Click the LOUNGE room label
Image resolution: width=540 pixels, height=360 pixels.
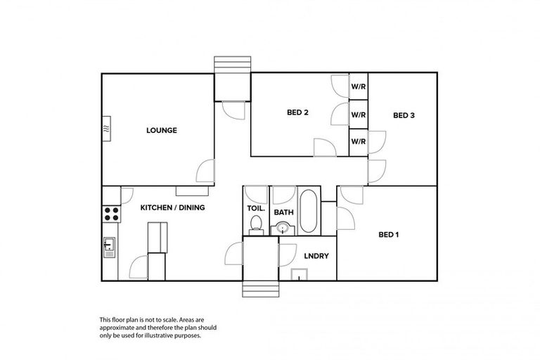point(161,130)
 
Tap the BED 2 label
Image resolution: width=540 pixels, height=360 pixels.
point(298,112)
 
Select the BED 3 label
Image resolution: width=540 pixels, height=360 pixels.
point(404,115)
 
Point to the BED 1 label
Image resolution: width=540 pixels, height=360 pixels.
point(389,234)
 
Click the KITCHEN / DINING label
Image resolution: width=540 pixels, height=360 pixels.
point(173,207)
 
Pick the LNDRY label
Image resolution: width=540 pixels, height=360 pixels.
point(316,256)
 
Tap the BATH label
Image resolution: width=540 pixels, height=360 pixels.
point(283,212)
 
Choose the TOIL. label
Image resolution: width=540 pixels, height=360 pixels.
point(255,208)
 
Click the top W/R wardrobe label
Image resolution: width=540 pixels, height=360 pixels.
point(359,87)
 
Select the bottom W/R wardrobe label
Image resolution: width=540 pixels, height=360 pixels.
point(359,141)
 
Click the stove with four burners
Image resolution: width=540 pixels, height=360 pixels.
point(111,214)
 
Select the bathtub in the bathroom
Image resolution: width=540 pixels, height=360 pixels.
point(309,211)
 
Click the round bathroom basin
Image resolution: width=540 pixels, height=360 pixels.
point(283,227)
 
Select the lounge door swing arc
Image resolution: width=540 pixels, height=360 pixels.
point(205,170)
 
